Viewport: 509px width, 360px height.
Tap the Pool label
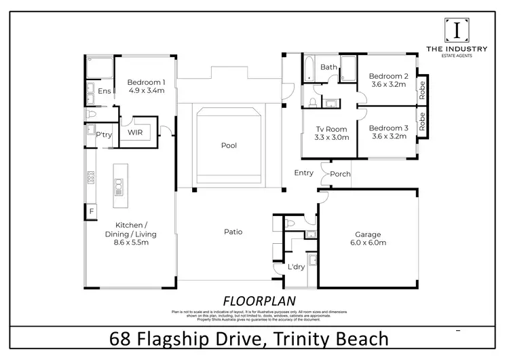click(x=229, y=145)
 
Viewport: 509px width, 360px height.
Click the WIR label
click(x=134, y=134)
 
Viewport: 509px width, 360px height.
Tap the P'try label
click(x=103, y=135)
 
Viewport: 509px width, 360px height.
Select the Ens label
click(x=105, y=91)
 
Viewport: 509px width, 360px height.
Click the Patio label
click(x=232, y=232)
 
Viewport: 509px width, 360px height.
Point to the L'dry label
click(x=296, y=267)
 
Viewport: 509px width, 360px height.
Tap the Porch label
click(x=340, y=174)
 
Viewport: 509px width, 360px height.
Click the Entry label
click(x=303, y=173)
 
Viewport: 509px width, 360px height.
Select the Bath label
click(x=329, y=67)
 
